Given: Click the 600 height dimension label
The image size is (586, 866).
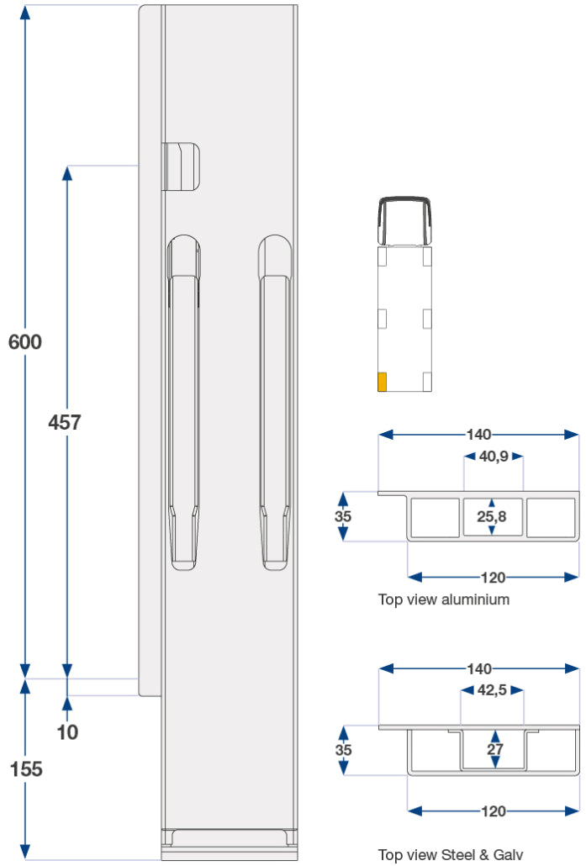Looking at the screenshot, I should pyautogui.click(x=24, y=342).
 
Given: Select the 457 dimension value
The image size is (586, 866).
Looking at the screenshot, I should pyautogui.click(x=65, y=422).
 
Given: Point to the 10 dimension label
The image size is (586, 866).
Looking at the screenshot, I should pyautogui.click(x=67, y=731).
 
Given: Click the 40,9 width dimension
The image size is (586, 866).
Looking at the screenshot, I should pyautogui.click(x=494, y=457).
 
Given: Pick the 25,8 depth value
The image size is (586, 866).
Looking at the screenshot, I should pyautogui.click(x=492, y=517).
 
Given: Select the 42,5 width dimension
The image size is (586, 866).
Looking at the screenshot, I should pyautogui.click(x=492, y=691).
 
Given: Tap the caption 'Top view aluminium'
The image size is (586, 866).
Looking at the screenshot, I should pyautogui.click(x=443, y=599).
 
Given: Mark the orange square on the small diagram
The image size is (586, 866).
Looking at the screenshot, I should pyautogui.click(x=382, y=382).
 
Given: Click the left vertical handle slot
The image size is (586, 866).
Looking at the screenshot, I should pyautogui.click(x=184, y=404).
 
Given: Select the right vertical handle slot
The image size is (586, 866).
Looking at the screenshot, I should pyautogui.click(x=275, y=404).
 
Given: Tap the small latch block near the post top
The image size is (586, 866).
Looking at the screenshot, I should pyautogui.click(x=182, y=166).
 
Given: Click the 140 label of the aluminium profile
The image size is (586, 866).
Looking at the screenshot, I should pyautogui.click(x=478, y=435).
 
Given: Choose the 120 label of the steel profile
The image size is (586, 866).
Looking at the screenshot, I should pyautogui.click(x=493, y=811).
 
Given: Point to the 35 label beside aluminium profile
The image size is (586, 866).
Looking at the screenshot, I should pyautogui.click(x=343, y=517).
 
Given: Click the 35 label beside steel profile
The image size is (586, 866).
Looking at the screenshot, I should pyautogui.click(x=343, y=749).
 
